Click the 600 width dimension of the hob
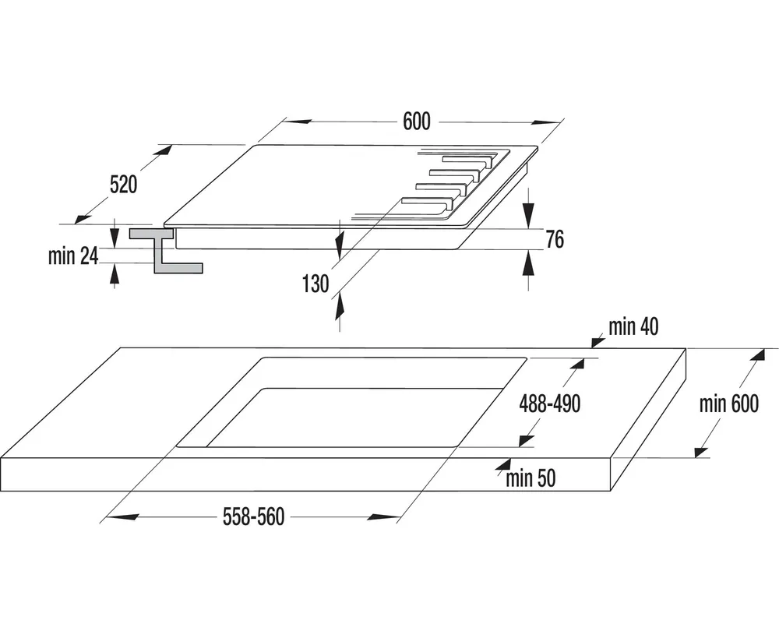[417, 122]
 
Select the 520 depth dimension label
[123, 185]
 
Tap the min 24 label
[72, 256]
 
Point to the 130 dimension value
[315, 284]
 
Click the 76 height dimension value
[554, 240]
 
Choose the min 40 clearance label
[633, 327]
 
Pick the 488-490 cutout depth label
[550, 405]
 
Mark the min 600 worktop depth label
[728, 404]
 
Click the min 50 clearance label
[530, 478]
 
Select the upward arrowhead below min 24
[115, 273]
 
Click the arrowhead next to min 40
[597, 339]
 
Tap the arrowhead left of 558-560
[124, 516]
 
